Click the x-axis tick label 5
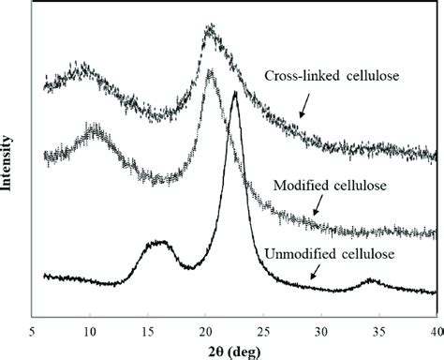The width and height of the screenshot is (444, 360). (33, 331)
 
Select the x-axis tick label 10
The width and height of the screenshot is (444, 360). (90, 331)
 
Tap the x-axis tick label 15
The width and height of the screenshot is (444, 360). (148, 331)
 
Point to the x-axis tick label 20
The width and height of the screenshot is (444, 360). (206, 331)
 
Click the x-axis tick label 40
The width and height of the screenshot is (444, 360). (433, 331)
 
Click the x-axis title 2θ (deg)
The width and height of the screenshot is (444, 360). (235, 351)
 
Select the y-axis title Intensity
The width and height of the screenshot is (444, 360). (8, 165)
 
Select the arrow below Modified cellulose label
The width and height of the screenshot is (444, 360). (318, 206)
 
